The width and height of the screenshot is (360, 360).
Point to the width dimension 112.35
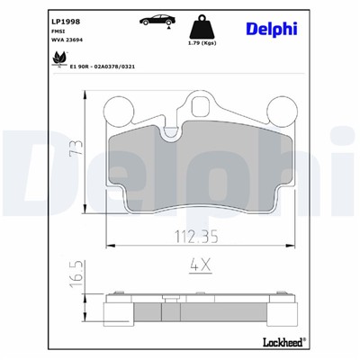click(x=190, y=239)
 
